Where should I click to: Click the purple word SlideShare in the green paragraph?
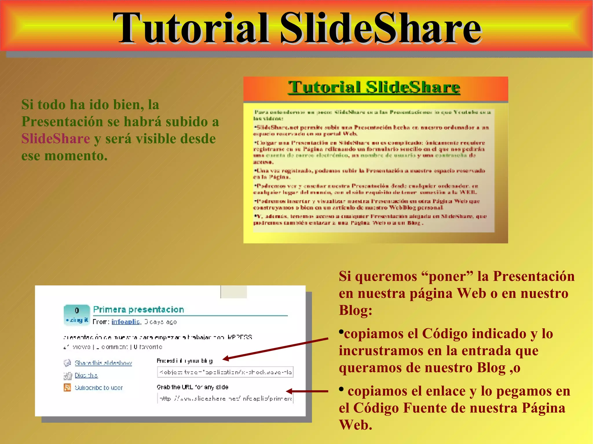(x=56, y=139)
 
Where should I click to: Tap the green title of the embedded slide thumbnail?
(x=374, y=87)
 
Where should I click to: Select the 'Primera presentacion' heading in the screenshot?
(x=138, y=309)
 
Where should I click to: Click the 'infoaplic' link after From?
(x=126, y=322)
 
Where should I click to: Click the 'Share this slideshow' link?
(x=103, y=363)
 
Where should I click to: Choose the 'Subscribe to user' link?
(x=98, y=388)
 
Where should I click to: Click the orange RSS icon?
(x=67, y=387)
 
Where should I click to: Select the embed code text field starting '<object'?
(x=225, y=372)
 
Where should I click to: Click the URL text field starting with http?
(x=225, y=398)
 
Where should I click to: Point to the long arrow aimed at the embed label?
(x=275, y=349)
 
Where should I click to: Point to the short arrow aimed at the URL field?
(x=307, y=391)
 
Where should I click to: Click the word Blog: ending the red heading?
(x=356, y=310)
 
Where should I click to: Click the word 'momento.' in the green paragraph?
(x=76, y=156)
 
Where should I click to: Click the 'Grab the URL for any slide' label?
(x=192, y=387)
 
